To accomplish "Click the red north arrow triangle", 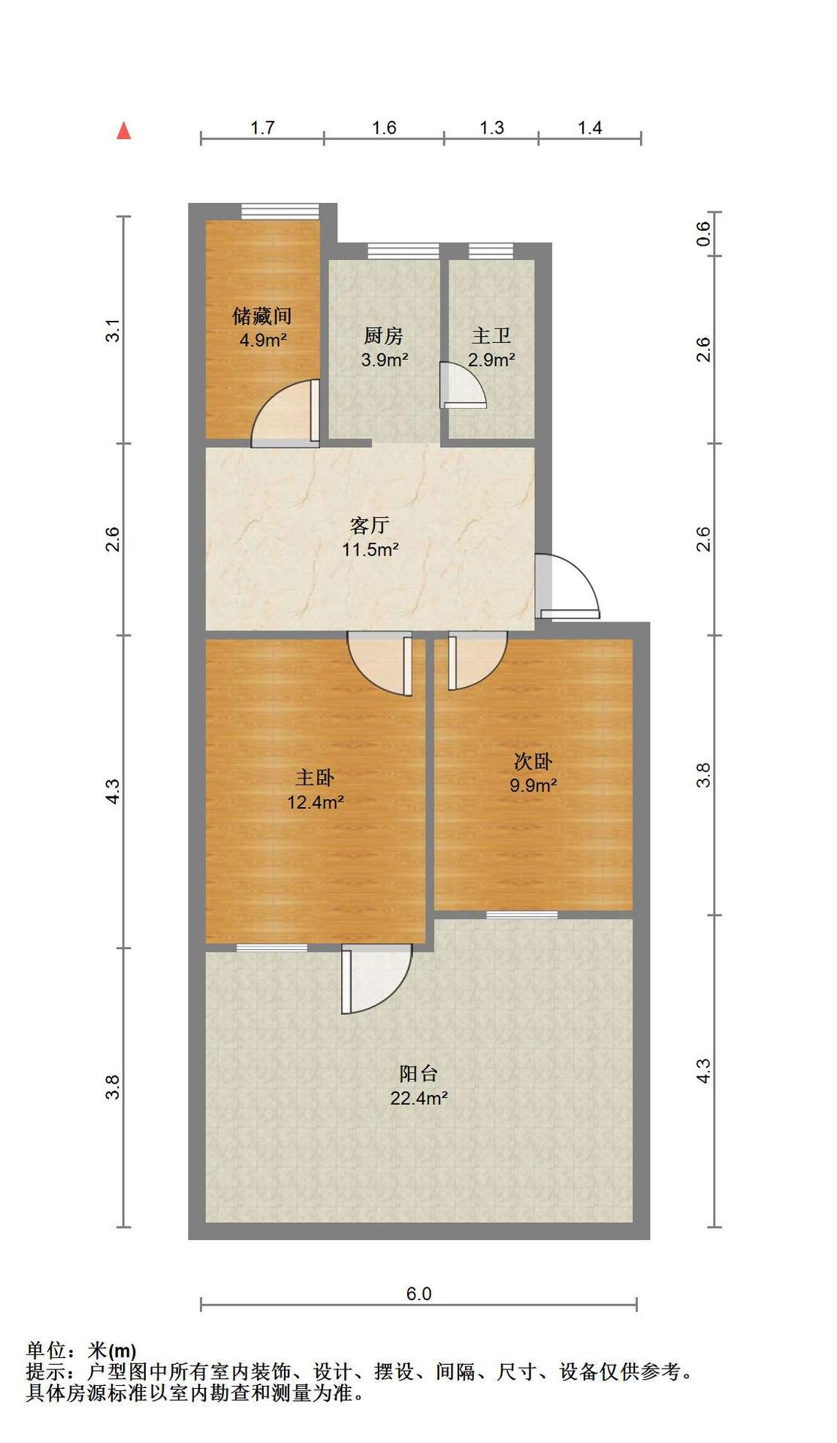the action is click(x=124, y=131).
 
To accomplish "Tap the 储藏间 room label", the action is click(x=261, y=316).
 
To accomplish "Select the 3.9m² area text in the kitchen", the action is click(x=385, y=359).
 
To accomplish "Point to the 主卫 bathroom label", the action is click(x=491, y=335).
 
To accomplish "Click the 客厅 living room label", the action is click(x=370, y=525).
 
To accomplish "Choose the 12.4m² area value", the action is click(x=316, y=802).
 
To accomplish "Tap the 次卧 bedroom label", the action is click(x=533, y=761).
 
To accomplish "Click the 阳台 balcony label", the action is click(x=418, y=1073).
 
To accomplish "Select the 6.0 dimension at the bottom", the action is click(x=418, y=1293).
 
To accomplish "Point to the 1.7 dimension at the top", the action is click(x=262, y=128).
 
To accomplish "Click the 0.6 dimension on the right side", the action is click(x=703, y=234).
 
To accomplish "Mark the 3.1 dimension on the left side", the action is click(x=113, y=331).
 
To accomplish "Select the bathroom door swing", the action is click(x=463, y=385).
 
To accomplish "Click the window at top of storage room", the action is click(x=280, y=211).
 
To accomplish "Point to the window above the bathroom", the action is click(x=491, y=251).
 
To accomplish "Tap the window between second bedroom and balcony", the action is click(x=522, y=915).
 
